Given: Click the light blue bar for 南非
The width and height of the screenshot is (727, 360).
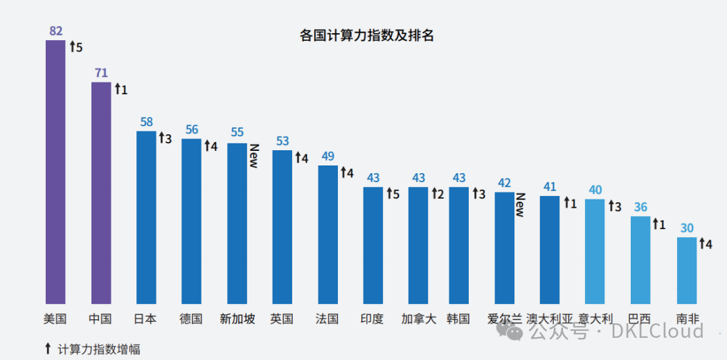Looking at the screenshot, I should coord(686,270).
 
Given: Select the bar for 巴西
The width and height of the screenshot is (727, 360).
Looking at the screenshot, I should coord(640,260).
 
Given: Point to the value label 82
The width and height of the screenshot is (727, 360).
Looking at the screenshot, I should coord(56,31).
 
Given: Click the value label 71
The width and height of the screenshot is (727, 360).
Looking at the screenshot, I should coord(101,73).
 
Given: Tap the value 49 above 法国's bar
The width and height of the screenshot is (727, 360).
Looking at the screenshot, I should coord(327,156).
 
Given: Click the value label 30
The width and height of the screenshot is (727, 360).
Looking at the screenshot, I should coord(686,228).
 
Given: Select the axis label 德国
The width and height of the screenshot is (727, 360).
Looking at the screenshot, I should coord(191,319).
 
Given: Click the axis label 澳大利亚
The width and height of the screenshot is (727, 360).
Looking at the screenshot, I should coord(550,319).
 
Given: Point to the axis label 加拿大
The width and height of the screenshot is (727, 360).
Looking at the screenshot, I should coord(418,319).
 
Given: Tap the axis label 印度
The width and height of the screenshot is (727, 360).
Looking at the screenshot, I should coord(373,319).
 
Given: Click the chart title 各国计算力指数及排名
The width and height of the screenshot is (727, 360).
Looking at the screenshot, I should coord(367,36).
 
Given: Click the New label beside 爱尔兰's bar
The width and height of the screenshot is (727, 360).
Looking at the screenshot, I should coord(520,204).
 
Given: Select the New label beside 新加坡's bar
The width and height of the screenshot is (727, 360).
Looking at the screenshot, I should coord(254,156).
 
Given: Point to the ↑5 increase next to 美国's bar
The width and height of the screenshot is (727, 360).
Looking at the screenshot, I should coord(75,47).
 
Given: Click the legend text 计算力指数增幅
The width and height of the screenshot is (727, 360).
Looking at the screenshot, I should coord(100,349).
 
